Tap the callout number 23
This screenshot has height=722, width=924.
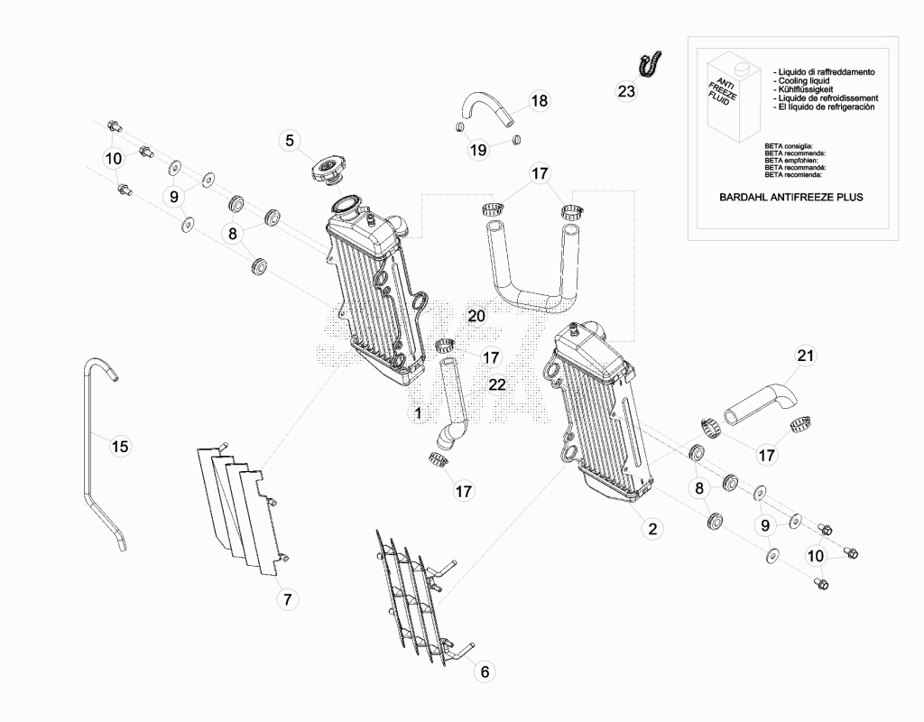click(x=626, y=91)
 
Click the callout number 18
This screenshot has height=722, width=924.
click(x=539, y=101)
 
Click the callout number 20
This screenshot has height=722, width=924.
click(x=476, y=316)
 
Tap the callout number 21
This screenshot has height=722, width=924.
click(x=805, y=356)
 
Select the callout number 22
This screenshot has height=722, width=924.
click(x=497, y=384)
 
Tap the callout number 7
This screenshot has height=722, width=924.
click(x=288, y=599)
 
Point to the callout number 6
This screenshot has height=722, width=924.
click(x=485, y=671)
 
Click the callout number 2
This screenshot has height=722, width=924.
click(x=651, y=528)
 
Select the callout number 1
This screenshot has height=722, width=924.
click(x=418, y=412)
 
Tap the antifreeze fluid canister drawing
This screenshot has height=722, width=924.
click(x=734, y=97)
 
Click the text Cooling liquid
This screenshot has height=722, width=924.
click(x=804, y=80)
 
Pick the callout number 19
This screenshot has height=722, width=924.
click(x=478, y=150)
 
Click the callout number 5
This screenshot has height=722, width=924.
click(x=290, y=140)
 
